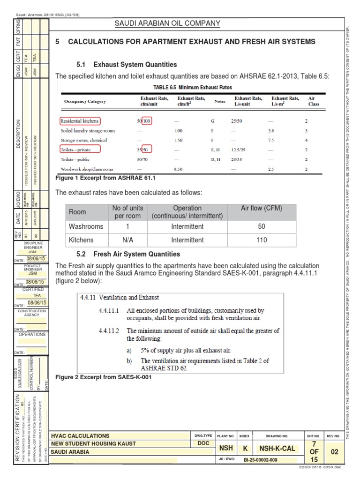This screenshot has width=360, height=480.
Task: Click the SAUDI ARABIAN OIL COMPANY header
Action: [x=167, y=23]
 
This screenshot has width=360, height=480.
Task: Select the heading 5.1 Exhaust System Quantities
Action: [x=127, y=65]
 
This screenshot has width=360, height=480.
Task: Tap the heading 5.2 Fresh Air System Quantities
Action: [x=128, y=254]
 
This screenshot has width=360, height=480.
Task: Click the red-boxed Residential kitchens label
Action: [x=79, y=121]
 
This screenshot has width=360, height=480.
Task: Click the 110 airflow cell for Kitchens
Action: [x=262, y=240]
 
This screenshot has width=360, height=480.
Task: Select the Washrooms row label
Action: [x=86, y=226]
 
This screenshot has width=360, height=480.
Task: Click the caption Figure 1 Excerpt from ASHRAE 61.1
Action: [x=105, y=179]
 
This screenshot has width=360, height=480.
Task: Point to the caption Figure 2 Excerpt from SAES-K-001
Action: [x=104, y=377]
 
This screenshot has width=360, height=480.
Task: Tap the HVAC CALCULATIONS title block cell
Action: [x=80, y=435]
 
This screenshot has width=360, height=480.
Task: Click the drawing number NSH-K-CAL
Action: [x=277, y=449]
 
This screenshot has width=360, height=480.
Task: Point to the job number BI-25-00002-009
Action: [x=261, y=460]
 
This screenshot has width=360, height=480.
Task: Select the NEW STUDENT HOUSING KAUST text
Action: [x=93, y=443]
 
